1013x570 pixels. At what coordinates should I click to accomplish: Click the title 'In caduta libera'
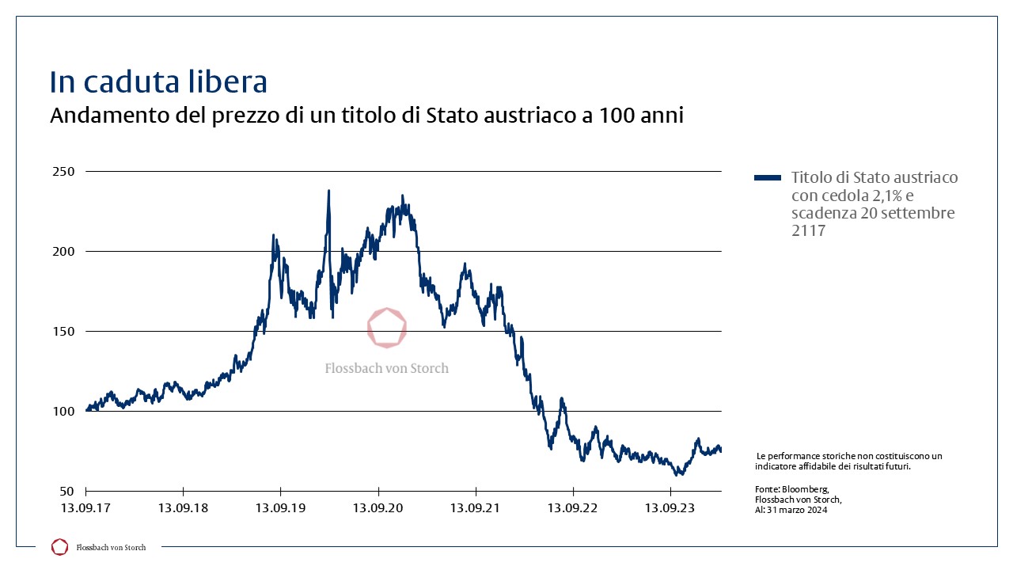click(158, 82)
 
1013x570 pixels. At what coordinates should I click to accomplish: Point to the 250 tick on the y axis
click(63, 171)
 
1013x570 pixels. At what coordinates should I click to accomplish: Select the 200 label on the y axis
click(63, 251)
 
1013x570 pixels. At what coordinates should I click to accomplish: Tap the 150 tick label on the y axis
click(63, 331)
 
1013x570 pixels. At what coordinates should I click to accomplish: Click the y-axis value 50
click(67, 491)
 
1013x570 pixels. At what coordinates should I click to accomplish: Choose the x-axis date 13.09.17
click(85, 507)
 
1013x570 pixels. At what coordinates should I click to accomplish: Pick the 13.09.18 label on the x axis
click(183, 507)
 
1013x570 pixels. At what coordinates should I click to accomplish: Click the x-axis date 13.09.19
click(280, 507)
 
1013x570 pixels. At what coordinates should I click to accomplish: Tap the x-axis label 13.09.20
click(378, 507)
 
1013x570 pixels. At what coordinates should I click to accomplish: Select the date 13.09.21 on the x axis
click(475, 507)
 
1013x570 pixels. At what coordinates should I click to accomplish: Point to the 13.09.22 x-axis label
click(572, 507)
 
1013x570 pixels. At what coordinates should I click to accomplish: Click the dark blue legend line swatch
click(768, 178)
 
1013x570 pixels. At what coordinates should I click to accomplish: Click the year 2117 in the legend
click(808, 231)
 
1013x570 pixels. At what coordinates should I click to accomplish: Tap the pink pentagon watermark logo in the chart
click(387, 328)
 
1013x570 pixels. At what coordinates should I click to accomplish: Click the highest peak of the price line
click(328, 191)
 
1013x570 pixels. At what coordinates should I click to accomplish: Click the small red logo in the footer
click(59, 546)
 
